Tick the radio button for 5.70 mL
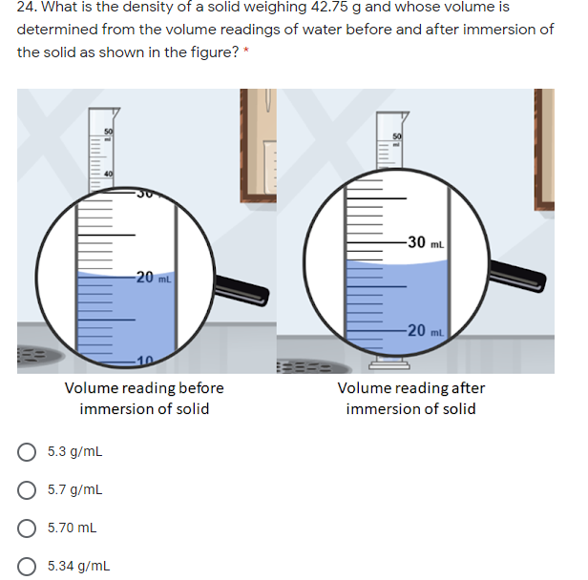(x=29, y=527)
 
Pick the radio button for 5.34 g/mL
(x=29, y=565)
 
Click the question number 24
(x=27, y=8)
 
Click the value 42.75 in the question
(x=325, y=8)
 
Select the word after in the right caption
(x=468, y=388)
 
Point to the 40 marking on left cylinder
(x=108, y=173)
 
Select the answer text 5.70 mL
(x=73, y=527)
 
